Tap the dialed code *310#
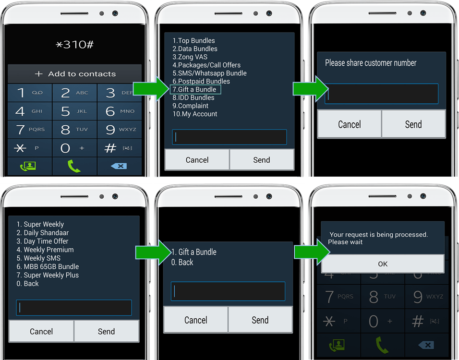point(74,45)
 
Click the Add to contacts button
point(75,74)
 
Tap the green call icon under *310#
point(74,166)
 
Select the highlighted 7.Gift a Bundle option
point(195,89)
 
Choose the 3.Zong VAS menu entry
point(190,57)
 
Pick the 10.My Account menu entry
point(194,114)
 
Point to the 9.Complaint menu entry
point(190,106)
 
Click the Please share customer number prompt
point(371,62)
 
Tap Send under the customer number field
point(413,124)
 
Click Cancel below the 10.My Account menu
point(197,160)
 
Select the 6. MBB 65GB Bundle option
point(48,266)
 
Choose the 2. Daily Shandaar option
point(42,233)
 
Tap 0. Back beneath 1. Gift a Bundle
point(182,262)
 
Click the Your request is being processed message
point(378,238)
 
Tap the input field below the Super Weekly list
point(74,308)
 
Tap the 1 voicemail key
point(30,93)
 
